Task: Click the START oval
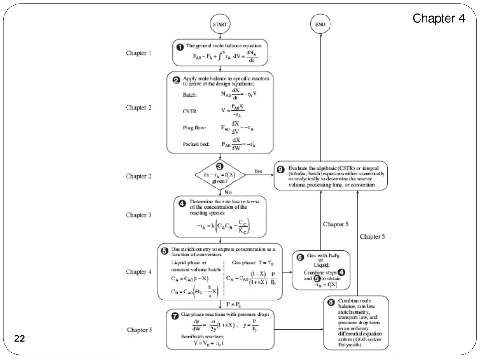pos(220,24)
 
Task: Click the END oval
pos(321,24)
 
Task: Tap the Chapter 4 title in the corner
pos(439,19)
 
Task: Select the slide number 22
pos(19,339)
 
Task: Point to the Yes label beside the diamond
pos(258,171)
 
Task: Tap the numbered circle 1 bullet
pos(180,47)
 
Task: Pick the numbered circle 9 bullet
pos(281,169)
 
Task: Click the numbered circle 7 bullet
pos(174,315)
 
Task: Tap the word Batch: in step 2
pos(190,95)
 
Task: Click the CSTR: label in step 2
pos(190,112)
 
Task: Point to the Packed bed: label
pos(196,144)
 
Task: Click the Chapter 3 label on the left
pos(139,215)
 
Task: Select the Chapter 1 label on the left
pos(139,53)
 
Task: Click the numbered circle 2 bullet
pos(176,80)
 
